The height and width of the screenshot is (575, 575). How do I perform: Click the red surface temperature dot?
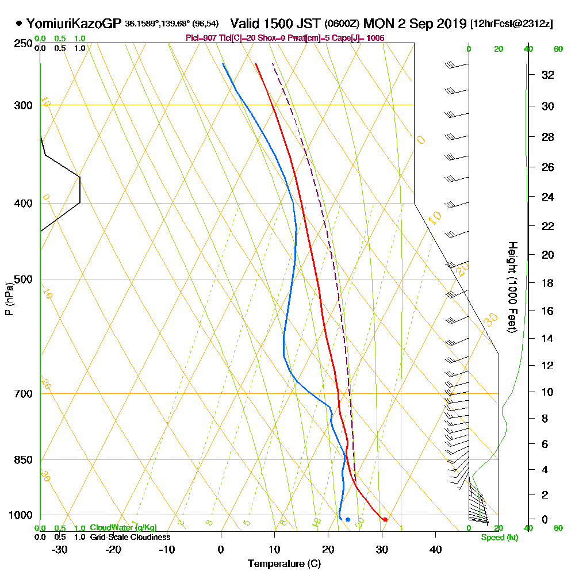click(x=385, y=520)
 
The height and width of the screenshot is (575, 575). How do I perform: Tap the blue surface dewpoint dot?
click(x=348, y=520)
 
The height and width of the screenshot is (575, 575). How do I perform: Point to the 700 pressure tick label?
click(x=23, y=394)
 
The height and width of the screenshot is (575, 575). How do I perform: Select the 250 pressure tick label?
click(x=23, y=44)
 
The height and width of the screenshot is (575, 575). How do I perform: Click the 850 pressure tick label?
click(x=23, y=460)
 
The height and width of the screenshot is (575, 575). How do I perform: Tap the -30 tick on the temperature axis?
click(x=60, y=549)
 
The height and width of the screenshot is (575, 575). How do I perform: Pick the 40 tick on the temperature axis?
click(x=435, y=549)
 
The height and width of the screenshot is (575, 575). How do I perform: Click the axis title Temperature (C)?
click(x=284, y=564)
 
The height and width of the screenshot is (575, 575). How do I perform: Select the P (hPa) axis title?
click(x=9, y=298)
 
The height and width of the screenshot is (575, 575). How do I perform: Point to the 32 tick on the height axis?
click(x=548, y=75)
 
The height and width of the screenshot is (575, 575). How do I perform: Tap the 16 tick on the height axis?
click(x=548, y=311)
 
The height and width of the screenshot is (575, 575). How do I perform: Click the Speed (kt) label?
click(x=498, y=538)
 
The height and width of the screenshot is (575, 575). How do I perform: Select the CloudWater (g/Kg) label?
click(x=123, y=528)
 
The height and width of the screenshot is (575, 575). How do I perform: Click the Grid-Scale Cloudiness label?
click(x=129, y=537)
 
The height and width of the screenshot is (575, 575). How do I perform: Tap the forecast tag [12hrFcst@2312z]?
click(x=512, y=24)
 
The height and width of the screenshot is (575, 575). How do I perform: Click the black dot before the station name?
click(x=19, y=24)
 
